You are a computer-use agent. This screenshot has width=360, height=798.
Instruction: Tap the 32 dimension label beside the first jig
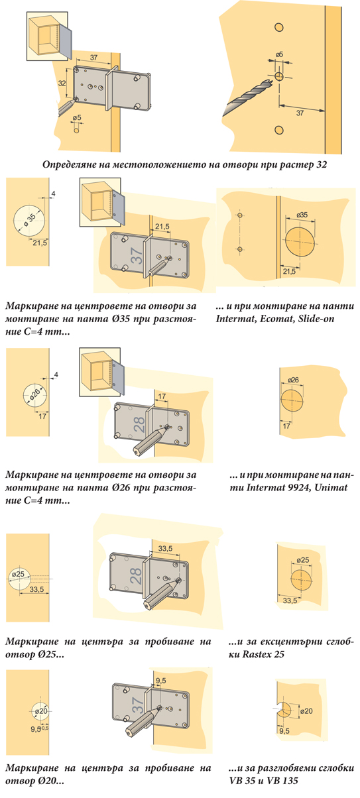coord(62,83)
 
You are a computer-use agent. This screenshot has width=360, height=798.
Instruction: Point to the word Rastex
coord(257,654)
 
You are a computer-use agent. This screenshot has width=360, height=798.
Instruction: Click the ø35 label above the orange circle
coord(302,215)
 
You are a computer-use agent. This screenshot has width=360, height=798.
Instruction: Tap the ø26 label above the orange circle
coord(292,380)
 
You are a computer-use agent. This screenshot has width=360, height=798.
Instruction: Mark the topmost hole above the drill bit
coord(278,27)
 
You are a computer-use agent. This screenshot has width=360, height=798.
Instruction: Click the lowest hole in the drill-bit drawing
coord(278,130)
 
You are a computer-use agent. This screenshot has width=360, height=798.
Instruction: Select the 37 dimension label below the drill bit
coord(300,113)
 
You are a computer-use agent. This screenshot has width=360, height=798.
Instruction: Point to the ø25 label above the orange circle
coord(302,560)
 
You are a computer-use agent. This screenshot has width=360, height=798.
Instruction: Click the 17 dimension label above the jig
coord(162,396)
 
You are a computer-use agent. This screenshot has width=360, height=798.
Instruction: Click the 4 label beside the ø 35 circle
coord(53,194)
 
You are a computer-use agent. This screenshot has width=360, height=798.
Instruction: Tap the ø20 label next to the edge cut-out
coord(306,711)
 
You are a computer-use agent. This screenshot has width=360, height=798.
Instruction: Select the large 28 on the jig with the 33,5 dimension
coord(136,576)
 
